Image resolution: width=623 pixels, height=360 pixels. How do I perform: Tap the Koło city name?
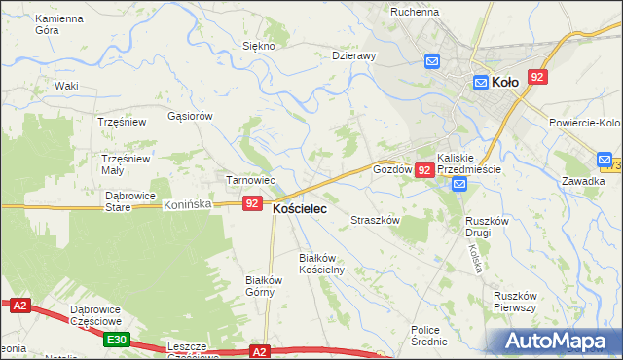pyautogui.click(x=504, y=83)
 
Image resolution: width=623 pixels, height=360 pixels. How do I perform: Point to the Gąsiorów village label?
pyautogui.click(x=190, y=115)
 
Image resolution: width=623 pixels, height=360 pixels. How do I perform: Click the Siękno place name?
pyautogui.click(x=259, y=46)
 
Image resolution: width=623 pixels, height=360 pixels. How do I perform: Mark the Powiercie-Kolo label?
pyautogui.click(x=584, y=123)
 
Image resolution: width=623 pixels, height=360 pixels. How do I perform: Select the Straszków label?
pyautogui.click(x=376, y=221)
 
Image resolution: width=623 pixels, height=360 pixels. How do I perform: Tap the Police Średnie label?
pyautogui.click(x=428, y=336)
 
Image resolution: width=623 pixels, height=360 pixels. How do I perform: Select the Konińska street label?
pyautogui.click(x=188, y=205)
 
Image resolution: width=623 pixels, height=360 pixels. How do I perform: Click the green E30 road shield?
pyautogui.click(x=117, y=339)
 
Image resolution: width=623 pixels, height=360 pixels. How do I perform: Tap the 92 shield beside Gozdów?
pyautogui.click(x=423, y=170)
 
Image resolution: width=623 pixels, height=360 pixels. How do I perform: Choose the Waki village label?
pyautogui.click(x=66, y=86)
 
